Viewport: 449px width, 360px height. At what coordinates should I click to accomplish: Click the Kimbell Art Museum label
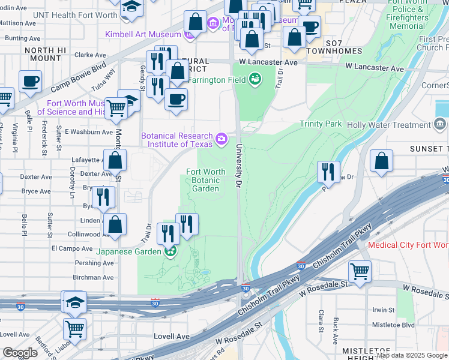tap(143, 34)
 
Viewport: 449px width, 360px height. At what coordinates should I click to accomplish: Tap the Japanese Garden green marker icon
tap(171, 251)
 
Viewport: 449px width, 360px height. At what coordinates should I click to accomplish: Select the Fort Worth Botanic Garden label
tap(206, 179)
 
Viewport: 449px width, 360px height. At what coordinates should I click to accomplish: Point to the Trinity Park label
tap(321, 124)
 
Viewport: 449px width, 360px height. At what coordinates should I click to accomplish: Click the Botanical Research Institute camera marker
tap(221, 140)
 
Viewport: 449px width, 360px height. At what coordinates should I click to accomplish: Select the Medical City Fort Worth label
tap(408, 245)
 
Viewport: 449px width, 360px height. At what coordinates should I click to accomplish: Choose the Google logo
tap(20, 353)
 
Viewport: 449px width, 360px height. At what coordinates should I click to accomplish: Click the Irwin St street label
tap(382, 310)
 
